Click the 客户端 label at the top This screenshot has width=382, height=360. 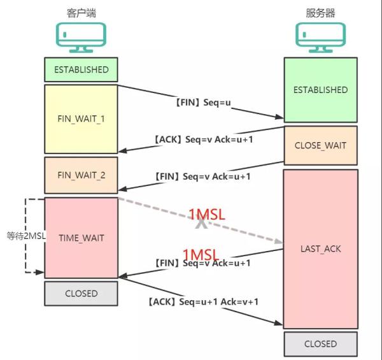(81, 13)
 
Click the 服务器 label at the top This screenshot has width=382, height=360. (320, 13)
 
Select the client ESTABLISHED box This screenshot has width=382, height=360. (81, 69)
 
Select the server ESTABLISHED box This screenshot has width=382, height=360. (320, 90)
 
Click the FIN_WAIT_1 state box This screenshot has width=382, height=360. (81, 119)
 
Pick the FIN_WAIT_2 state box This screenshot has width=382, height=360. (81, 175)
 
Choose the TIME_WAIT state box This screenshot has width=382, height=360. (81, 238)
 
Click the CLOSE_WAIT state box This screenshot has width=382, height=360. (320, 145)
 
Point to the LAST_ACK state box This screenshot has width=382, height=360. (320, 248)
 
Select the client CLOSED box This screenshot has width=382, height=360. (81, 294)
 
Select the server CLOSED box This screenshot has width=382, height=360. (320, 343)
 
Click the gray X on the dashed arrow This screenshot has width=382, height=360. (201, 224)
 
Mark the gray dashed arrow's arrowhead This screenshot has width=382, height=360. (279, 241)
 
